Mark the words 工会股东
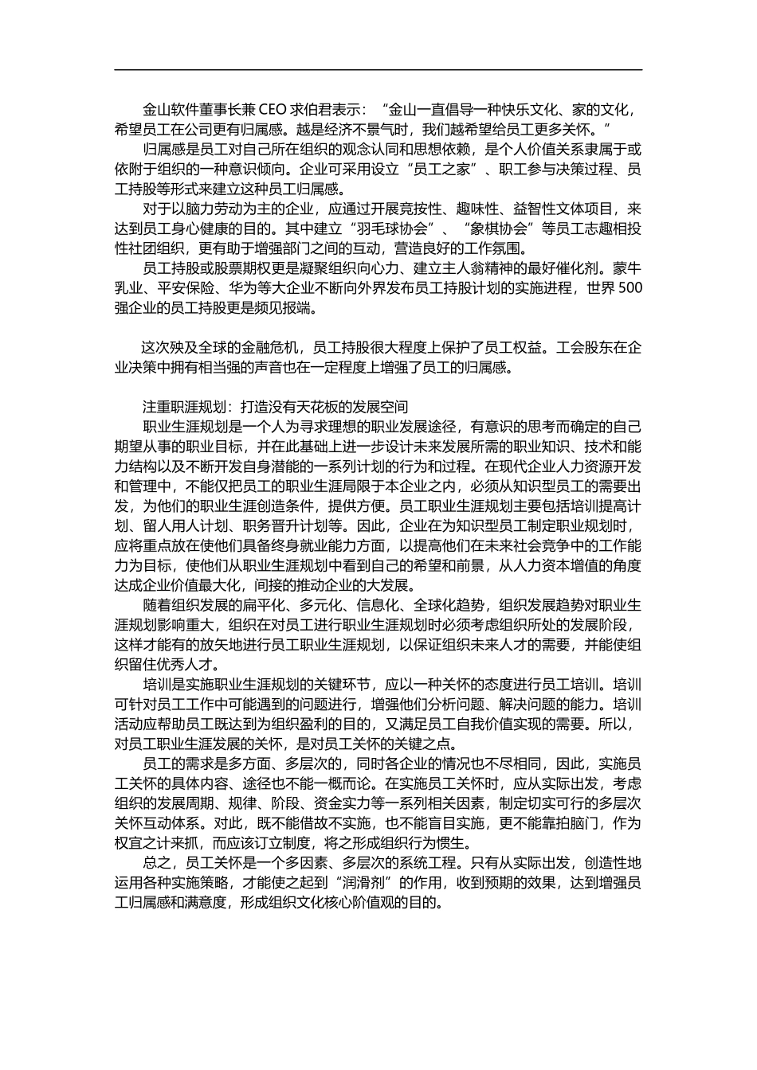tap(586, 347)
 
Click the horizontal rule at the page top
tap(378, 70)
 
